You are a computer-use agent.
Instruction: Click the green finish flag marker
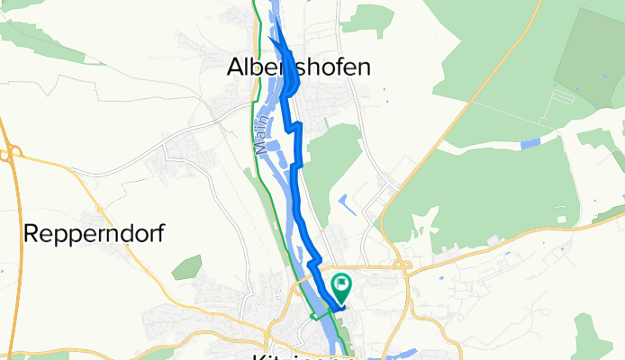click(x=342, y=287)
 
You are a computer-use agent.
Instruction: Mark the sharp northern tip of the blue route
click(x=272, y=39)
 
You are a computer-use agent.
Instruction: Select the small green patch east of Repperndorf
click(x=187, y=266)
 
